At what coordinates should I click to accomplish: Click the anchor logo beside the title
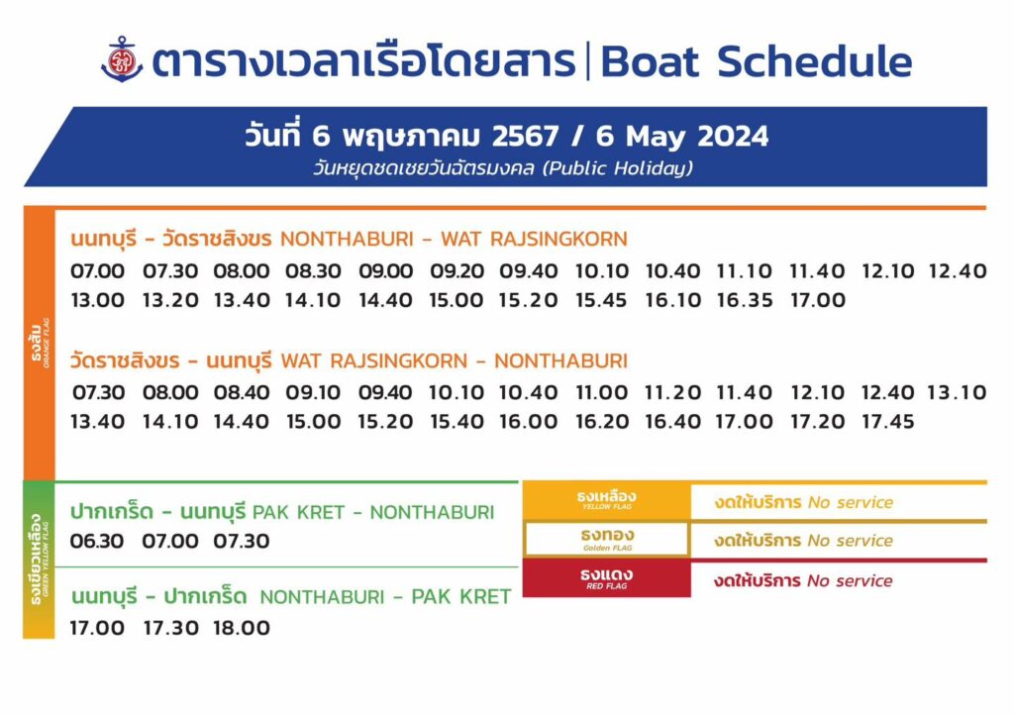click(122, 58)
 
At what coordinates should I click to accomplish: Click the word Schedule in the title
click(815, 61)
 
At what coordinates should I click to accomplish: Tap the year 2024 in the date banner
click(733, 137)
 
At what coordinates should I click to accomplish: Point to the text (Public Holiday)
click(618, 168)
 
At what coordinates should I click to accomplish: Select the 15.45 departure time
click(601, 300)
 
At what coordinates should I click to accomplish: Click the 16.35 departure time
click(745, 300)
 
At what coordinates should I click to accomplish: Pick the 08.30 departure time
click(313, 271)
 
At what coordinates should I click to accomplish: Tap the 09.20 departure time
click(456, 271)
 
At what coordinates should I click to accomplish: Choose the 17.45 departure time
click(888, 422)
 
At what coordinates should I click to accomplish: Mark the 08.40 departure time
click(242, 392)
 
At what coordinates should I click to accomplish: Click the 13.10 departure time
click(957, 392)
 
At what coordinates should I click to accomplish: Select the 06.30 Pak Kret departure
click(96, 541)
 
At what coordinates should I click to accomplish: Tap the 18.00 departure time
click(242, 628)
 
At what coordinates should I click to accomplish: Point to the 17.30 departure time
click(170, 628)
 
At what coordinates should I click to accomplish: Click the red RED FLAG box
click(607, 578)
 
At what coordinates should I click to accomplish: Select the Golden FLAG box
click(607, 539)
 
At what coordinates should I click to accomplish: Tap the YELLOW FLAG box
click(607, 500)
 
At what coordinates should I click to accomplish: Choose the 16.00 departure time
click(528, 422)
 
